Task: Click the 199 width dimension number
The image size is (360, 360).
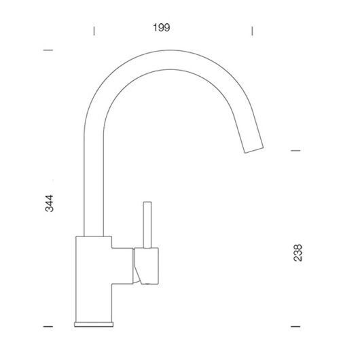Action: (162, 28)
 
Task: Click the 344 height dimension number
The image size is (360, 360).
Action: (50, 203)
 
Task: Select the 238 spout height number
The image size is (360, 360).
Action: (298, 253)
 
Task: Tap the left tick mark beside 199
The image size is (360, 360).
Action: (94, 31)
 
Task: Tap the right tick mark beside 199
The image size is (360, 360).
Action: (252, 31)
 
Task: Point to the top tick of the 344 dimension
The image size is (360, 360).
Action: (48, 50)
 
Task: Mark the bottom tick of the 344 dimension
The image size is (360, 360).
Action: (48, 326)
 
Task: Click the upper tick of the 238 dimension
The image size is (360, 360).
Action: (295, 151)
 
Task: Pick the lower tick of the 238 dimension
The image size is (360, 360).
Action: (295, 326)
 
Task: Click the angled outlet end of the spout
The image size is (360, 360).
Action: (254, 150)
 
